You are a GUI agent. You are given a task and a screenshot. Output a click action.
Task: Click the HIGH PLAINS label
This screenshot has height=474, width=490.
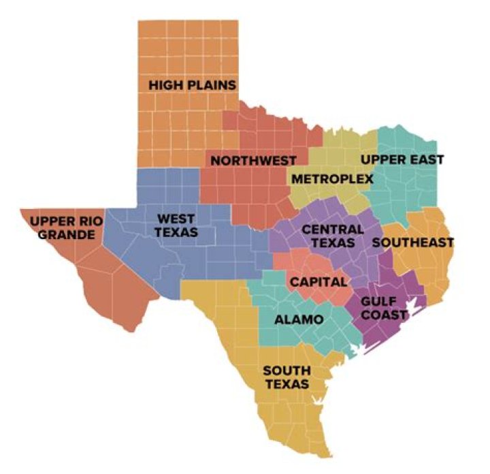[192, 85]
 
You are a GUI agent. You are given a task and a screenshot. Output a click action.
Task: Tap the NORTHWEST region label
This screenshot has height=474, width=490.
[253, 161]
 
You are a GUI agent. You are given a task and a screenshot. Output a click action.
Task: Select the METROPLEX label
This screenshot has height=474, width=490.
[332, 179]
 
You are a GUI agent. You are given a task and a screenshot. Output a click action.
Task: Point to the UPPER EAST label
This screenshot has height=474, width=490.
[402, 159]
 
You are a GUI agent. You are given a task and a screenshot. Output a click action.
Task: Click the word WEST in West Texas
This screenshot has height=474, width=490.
[176, 219]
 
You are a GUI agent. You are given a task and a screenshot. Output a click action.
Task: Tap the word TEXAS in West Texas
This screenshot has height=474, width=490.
[176, 232]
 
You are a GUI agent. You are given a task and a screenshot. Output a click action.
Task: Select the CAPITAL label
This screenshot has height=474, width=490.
[318, 281]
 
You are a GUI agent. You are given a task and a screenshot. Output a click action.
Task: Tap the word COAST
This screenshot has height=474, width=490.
[385, 314]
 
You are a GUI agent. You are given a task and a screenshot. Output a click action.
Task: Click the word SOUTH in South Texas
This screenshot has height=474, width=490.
[287, 370]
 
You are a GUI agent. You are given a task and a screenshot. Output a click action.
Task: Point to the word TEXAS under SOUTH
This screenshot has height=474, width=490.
[287, 384]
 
